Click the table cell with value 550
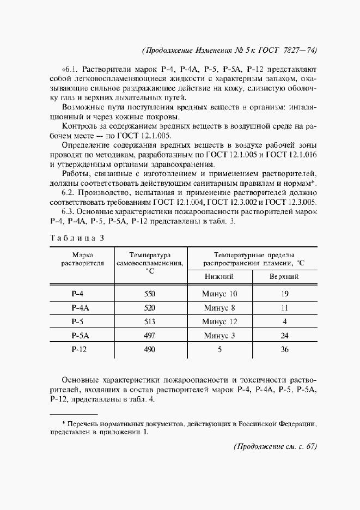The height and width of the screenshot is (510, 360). (149, 294)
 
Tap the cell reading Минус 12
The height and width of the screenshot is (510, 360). (219, 321)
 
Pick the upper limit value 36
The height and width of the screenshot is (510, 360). (284, 350)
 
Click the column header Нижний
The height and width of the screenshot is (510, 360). (219, 277)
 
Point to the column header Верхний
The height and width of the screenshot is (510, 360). (284, 277)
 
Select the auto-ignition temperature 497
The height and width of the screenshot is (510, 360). (149, 336)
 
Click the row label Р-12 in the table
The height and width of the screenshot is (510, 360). (80, 350)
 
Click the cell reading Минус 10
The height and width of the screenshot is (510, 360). (219, 294)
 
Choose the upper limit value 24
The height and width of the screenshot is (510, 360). (284, 336)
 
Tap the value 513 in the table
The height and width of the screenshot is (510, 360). (149, 321)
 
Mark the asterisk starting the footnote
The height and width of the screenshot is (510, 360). (63, 422)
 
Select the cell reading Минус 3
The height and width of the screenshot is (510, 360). (219, 336)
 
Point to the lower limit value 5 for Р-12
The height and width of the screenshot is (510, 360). (219, 350)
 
